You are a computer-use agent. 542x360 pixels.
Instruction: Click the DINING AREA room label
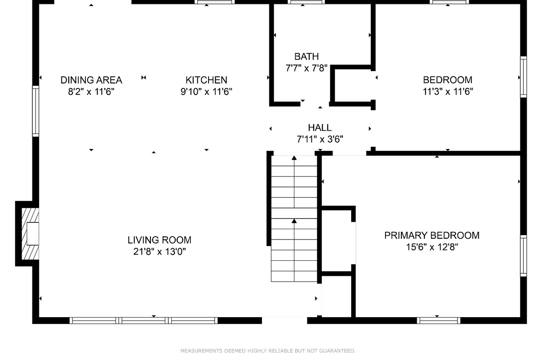pyautogui.click(x=91, y=80)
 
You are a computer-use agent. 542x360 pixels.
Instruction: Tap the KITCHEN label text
pyautogui.click(x=206, y=80)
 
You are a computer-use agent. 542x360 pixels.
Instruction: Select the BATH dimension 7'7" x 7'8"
pyautogui.click(x=306, y=68)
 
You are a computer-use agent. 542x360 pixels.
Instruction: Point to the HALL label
pyautogui.click(x=320, y=128)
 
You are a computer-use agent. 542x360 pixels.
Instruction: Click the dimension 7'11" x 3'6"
pyautogui.click(x=320, y=139)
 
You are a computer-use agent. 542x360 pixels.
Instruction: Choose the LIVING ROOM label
pyautogui.click(x=160, y=240)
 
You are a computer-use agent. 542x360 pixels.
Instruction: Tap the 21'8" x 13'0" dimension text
pyautogui.click(x=160, y=252)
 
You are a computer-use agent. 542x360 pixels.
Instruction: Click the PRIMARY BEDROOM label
pyautogui.click(x=432, y=236)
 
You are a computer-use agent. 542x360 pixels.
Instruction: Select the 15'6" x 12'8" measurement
pyautogui.click(x=432, y=247)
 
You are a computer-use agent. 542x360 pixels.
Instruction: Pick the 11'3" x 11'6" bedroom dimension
pyautogui.click(x=447, y=92)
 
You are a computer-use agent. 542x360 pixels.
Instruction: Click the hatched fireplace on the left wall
pyautogui.click(x=30, y=234)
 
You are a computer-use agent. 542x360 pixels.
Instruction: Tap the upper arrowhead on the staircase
pyautogui.click(x=294, y=158)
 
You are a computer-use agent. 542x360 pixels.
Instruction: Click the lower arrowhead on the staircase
pyautogui.click(x=294, y=221)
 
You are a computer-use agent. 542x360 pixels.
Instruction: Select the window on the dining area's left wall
pyautogui.click(x=36, y=111)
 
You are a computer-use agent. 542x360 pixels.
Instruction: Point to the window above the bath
pyautogui.click(x=306, y=2)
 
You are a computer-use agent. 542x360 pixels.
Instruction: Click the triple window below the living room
pyautogui.click(x=144, y=320)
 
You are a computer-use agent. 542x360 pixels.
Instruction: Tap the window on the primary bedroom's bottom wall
pyautogui.click(x=439, y=320)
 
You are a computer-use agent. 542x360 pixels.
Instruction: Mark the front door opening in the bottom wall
pyautogui.click(x=284, y=320)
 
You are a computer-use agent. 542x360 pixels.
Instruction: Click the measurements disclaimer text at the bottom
pyautogui.click(x=268, y=351)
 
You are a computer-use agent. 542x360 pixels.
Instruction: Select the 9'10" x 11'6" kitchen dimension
pyautogui.click(x=206, y=92)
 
